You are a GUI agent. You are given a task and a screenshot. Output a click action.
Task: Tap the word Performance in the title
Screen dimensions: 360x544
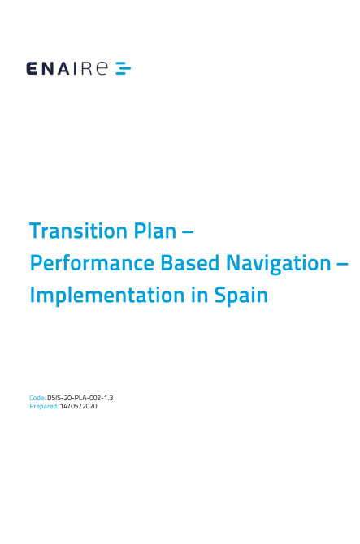[92, 263]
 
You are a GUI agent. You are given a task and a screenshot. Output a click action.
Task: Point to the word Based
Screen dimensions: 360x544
[189, 263]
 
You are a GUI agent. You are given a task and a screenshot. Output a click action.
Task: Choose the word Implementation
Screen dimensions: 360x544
[107, 296]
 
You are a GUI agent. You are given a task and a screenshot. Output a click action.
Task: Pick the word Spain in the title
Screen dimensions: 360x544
[241, 296]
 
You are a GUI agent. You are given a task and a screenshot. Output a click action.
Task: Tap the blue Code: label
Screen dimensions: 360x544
[37, 398]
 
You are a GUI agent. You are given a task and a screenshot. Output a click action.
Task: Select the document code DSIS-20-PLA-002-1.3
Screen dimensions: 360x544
[80, 398]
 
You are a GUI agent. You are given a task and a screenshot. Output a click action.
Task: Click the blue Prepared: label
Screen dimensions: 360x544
[44, 406]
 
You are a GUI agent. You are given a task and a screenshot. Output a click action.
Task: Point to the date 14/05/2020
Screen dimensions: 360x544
[79, 406]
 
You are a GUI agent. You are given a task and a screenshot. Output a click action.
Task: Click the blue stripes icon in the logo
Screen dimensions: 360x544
[124, 68]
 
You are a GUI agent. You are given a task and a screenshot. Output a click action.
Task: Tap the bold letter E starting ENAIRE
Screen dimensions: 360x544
[32, 68]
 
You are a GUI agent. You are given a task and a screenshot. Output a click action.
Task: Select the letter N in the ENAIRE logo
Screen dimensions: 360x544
[47, 68]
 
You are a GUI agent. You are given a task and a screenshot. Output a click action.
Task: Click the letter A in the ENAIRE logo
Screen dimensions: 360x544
[64, 68]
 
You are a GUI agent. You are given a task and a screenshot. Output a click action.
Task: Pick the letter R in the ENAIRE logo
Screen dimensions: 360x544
[87, 68]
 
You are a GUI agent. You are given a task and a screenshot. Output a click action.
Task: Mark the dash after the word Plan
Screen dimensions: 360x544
[188, 231]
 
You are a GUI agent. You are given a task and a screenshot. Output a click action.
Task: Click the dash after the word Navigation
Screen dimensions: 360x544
[342, 264]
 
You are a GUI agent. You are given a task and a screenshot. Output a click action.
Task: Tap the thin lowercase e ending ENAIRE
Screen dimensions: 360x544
[102, 68]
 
